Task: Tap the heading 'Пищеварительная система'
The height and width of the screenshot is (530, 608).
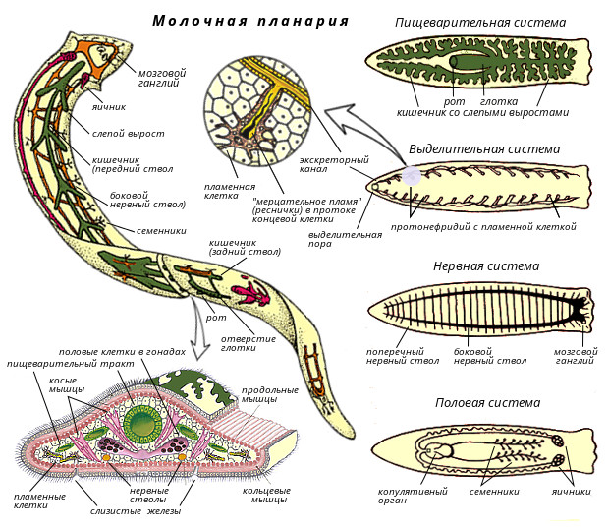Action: (x=479, y=22)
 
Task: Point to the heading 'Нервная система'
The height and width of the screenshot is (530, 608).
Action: (x=486, y=265)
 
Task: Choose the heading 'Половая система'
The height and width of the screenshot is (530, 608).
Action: (x=487, y=403)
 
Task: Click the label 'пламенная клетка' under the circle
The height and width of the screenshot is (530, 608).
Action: (x=230, y=192)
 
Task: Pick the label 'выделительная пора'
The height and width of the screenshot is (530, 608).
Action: (x=345, y=241)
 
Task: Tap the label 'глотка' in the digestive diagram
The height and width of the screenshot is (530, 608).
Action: (x=493, y=100)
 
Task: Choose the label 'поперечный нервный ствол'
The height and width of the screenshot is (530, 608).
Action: (x=396, y=357)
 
